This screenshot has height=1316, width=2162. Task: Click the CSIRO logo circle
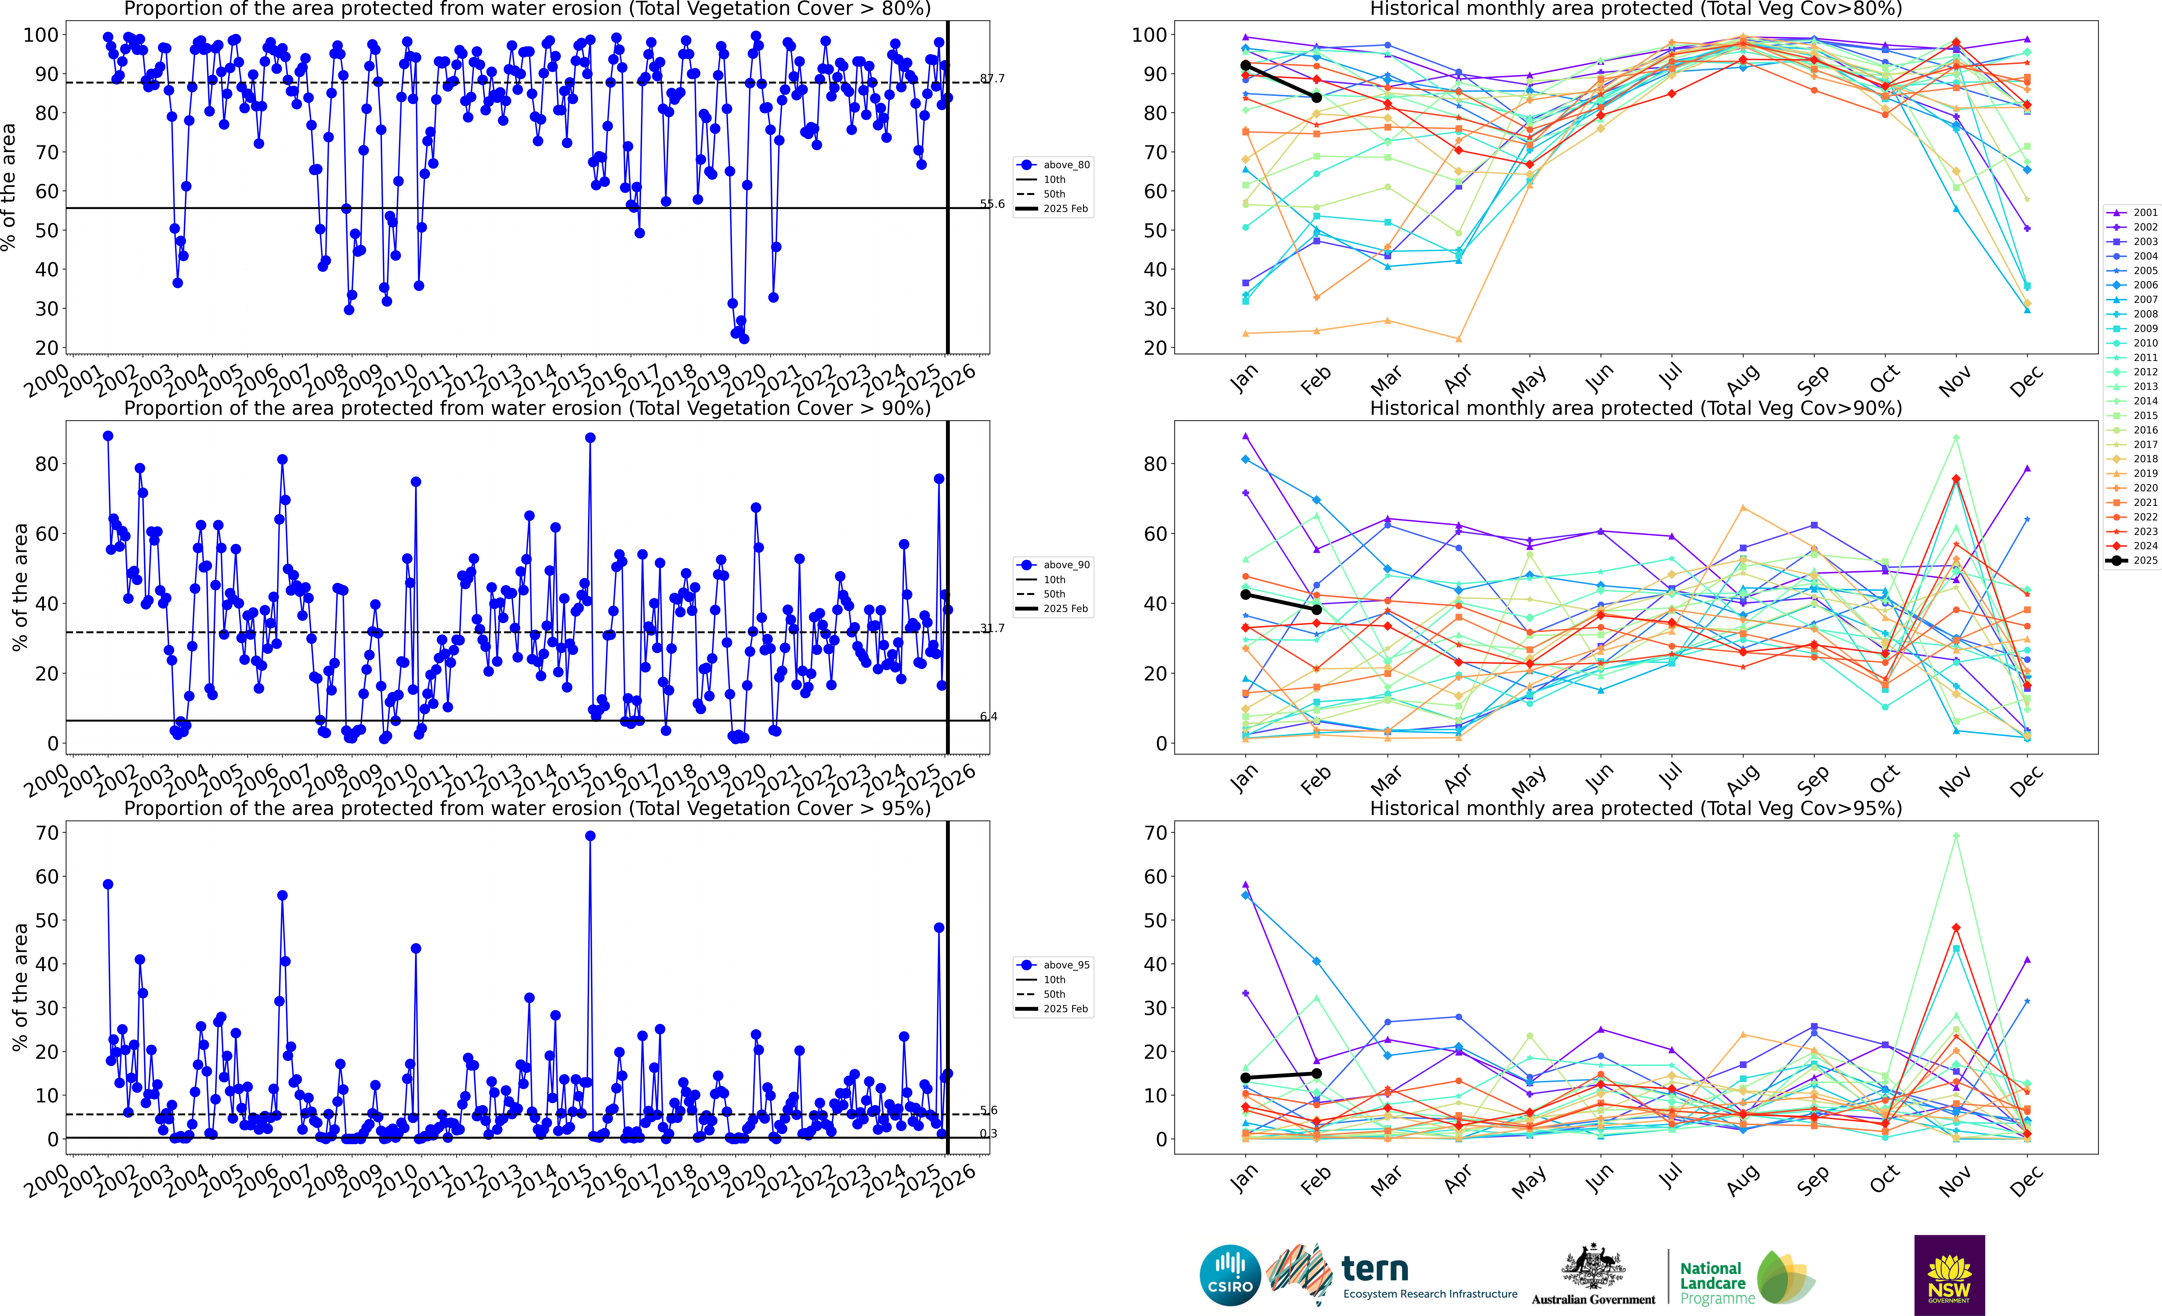1230,1275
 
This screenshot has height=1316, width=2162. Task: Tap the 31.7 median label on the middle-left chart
992,628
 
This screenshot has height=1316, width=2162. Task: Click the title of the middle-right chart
1636,408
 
